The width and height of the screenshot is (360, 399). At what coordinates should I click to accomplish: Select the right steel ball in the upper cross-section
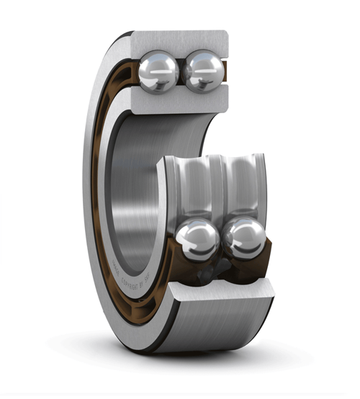coord(203,71)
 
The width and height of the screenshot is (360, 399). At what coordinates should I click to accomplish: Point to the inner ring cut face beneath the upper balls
coord(180,101)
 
